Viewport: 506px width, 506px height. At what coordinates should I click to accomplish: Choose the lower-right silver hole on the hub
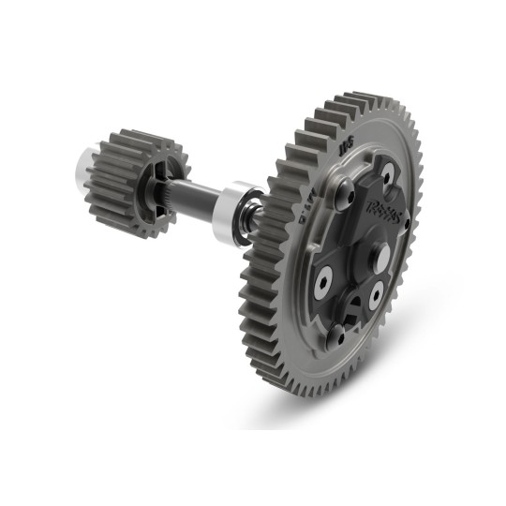click(x=376, y=297)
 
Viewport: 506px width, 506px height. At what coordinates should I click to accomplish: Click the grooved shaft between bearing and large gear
click(x=259, y=216)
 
